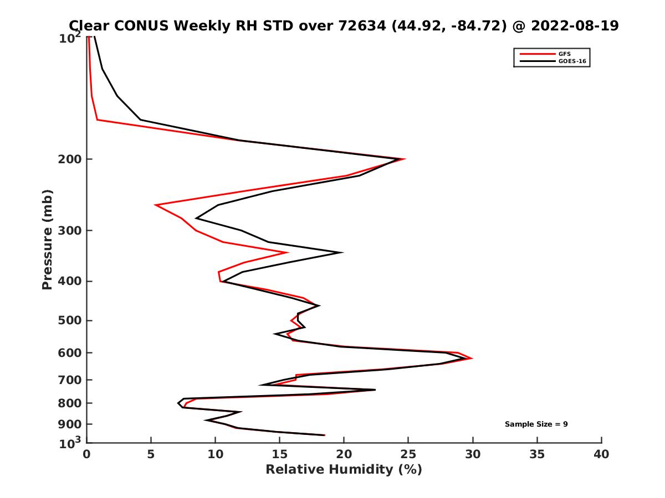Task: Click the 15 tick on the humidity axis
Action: (x=279, y=454)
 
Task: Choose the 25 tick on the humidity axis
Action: (x=408, y=454)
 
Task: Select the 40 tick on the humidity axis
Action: (x=601, y=454)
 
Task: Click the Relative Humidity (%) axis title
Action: (x=344, y=470)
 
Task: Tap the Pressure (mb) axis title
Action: (x=47, y=239)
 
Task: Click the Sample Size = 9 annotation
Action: (x=536, y=424)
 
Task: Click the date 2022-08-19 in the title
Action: (x=574, y=25)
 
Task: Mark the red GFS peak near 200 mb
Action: (x=405, y=159)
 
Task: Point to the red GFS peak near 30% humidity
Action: (x=472, y=359)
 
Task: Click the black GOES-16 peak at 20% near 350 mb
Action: (x=342, y=253)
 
